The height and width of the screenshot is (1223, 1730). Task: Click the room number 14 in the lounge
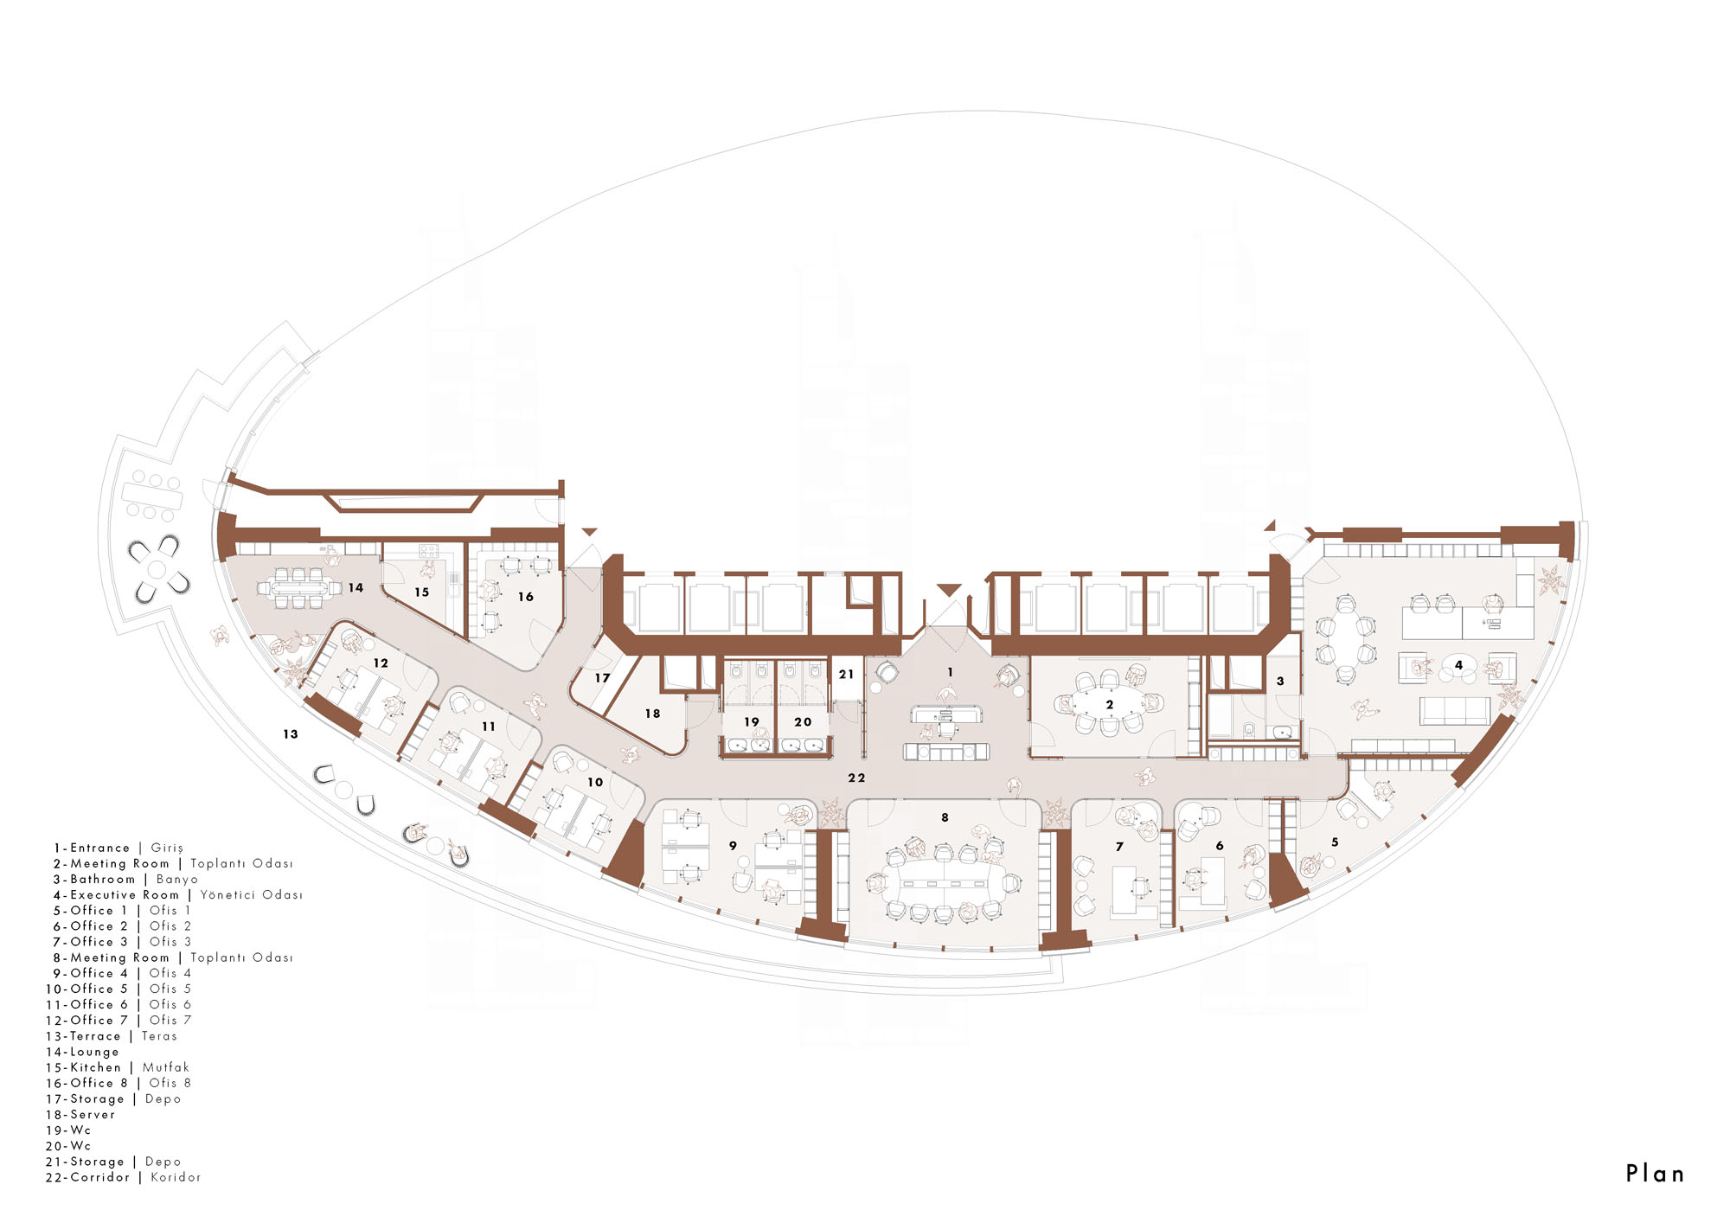[x=356, y=587]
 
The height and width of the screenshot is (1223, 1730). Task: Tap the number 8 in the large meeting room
[x=945, y=817]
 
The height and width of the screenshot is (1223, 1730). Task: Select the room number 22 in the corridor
[x=856, y=778]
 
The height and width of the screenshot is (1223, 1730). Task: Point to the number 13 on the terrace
[x=291, y=734]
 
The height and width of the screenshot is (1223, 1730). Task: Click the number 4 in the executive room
[x=1458, y=665]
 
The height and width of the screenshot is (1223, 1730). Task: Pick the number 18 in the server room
[x=652, y=714]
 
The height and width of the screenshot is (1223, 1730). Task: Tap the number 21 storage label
[x=846, y=674]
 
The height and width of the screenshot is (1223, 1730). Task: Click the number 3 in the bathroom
[x=1280, y=682]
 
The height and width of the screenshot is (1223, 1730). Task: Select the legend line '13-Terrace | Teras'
[x=112, y=1036]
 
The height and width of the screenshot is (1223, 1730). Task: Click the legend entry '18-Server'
[x=80, y=1115]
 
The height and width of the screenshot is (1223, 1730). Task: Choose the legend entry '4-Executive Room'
[x=116, y=895]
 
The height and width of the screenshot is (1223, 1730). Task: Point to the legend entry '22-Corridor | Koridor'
[x=124, y=1177]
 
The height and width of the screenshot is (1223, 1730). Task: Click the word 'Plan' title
[x=1655, y=1174]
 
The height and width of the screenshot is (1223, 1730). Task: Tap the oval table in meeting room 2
[x=1108, y=704]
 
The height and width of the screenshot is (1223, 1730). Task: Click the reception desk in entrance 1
[x=946, y=714]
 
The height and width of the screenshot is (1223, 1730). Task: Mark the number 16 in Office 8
[x=526, y=597]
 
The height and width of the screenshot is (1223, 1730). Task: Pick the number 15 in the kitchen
[x=421, y=592]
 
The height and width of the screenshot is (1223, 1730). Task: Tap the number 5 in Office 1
[x=1335, y=842]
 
